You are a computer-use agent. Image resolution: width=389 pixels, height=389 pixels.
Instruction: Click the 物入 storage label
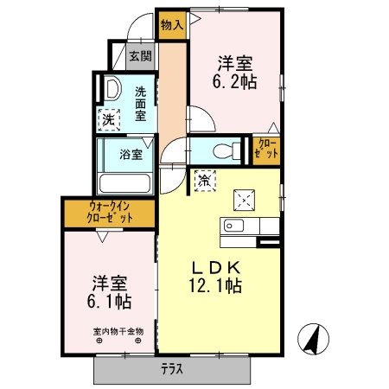[171, 25]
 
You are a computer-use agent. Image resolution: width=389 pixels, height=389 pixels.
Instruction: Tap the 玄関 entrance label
[140, 57]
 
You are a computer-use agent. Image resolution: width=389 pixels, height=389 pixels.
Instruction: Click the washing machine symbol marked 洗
[109, 120]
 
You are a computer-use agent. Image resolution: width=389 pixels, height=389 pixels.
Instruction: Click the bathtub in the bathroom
[126, 183]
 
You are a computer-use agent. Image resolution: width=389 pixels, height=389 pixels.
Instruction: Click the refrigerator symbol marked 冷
[205, 182]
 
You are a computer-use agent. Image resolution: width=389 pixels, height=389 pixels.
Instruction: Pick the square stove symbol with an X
[245, 199]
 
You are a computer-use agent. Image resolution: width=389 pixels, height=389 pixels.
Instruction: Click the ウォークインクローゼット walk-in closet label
[110, 212]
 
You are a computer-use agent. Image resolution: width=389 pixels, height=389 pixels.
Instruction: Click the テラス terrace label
[173, 369]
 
